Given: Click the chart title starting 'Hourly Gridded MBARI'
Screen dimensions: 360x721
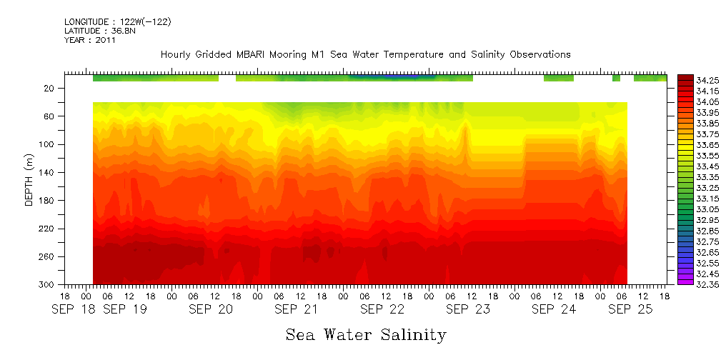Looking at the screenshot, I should click(365, 55).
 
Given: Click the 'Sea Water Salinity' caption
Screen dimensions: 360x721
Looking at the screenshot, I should click(366, 335).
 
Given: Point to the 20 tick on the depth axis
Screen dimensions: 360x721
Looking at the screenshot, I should click(49, 89).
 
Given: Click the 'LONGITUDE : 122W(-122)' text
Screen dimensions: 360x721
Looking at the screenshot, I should click(117, 22).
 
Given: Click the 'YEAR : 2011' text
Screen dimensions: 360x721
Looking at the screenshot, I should click(89, 41).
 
